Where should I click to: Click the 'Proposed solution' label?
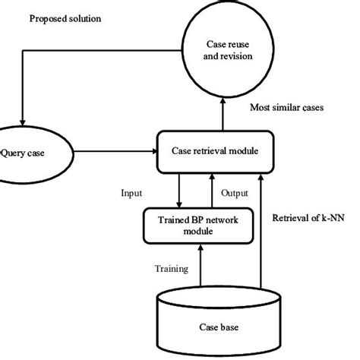(x=65, y=17)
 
